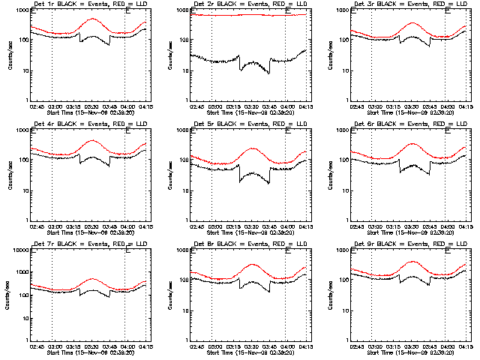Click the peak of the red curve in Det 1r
[x=93, y=19]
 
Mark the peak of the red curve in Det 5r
[x=253, y=148]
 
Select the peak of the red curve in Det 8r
[x=253, y=264]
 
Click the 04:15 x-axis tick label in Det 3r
[x=466, y=106]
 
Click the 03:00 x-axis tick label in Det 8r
[x=215, y=346]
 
